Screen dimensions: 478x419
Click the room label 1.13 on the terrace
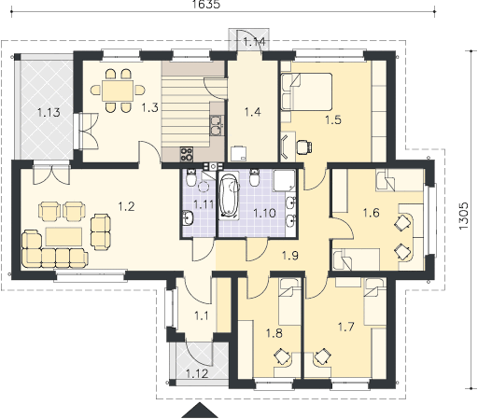[x=49, y=112]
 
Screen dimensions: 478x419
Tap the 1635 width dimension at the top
[x=206, y=4]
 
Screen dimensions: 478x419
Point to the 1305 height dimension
[x=463, y=216]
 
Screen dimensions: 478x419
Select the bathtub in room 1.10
[x=229, y=196]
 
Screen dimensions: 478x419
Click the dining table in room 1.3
[x=118, y=91]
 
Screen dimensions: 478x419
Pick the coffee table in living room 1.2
[x=63, y=237]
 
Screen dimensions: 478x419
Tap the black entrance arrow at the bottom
[x=200, y=411]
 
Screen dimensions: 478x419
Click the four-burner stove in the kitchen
[x=187, y=154]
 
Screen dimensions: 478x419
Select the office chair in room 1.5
[x=304, y=147]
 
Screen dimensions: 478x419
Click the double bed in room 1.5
[x=306, y=91]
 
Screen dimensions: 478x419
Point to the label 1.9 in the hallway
[x=290, y=256]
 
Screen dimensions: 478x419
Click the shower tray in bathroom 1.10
[x=284, y=180]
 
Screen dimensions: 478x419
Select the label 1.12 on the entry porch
[x=197, y=373]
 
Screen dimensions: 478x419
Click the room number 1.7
[x=346, y=327]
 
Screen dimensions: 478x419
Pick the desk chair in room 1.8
[x=282, y=356]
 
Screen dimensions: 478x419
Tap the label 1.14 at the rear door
[x=254, y=42]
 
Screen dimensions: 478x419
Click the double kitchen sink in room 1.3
[x=216, y=125]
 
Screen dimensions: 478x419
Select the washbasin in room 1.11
[x=188, y=217]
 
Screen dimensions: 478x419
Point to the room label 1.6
[x=372, y=213]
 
